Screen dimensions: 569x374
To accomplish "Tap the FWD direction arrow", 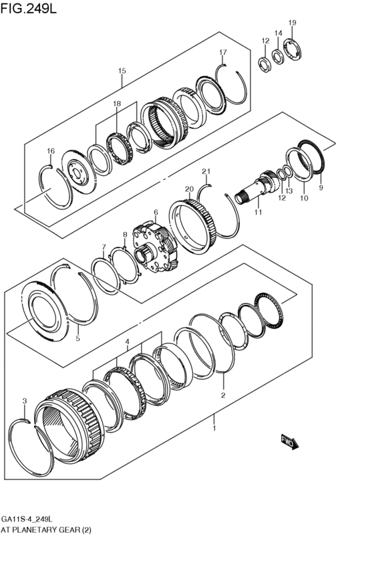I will pyautogui.click(x=289, y=441).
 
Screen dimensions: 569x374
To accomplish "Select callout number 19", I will pyautogui.click(x=292, y=23).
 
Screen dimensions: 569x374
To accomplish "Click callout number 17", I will pyautogui.click(x=223, y=52).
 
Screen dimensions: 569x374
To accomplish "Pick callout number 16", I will pyautogui.click(x=49, y=150).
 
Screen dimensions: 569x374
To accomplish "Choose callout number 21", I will pyautogui.click(x=206, y=171).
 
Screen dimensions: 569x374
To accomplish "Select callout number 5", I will pyautogui.click(x=77, y=338).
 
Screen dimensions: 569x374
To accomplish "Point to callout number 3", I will pyautogui.click(x=24, y=401).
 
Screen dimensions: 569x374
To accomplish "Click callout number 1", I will pyautogui.click(x=214, y=424).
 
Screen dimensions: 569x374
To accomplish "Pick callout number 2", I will pyautogui.click(x=223, y=394).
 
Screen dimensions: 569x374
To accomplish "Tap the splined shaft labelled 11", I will pyautogui.click(x=258, y=188).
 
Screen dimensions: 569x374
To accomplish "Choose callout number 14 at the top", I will pyautogui.click(x=278, y=33).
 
